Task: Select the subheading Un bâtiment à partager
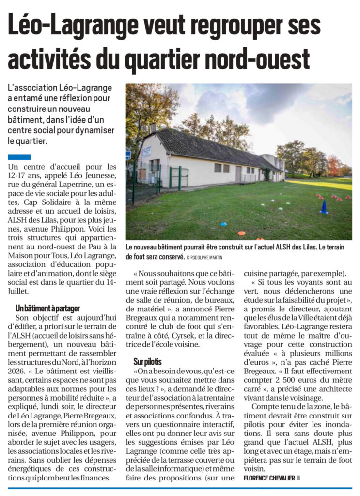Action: [x=47, y=308]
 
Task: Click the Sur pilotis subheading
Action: [x=148, y=361]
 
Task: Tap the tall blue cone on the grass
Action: [x=324, y=207]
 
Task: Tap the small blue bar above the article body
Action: [x=19, y=157]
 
